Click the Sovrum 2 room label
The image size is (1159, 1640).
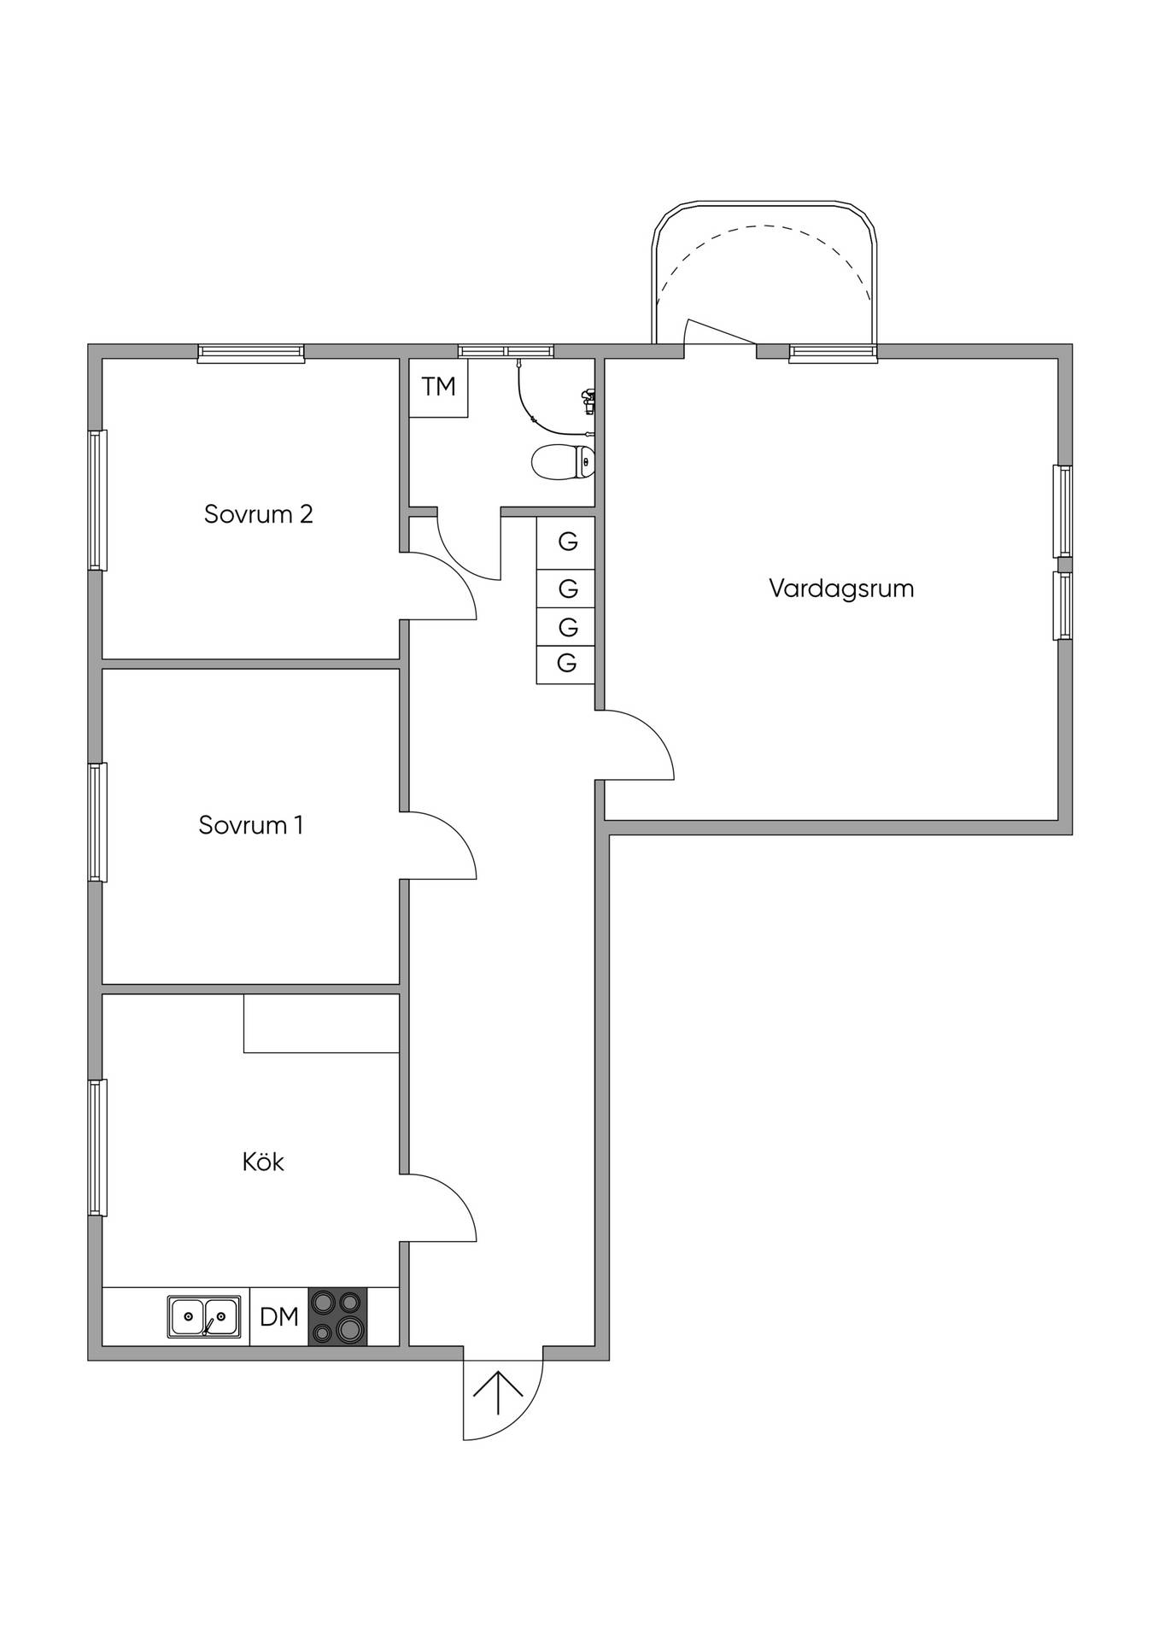point(258,514)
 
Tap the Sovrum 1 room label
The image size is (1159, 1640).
point(250,825)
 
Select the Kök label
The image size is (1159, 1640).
point(263,1162)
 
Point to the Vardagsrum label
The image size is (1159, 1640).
point(841,589)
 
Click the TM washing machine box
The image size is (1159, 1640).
point(438,388)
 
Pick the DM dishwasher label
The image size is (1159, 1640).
point(279,1316)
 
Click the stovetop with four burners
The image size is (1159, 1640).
point(337,1316)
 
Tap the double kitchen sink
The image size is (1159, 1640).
point(203,1316)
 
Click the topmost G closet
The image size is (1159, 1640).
point(565,542)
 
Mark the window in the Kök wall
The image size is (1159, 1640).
point(98,1147)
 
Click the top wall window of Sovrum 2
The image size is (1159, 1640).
point(251,353)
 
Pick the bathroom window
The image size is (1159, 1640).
point(506,351)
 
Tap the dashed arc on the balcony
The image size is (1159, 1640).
point(764,225)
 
